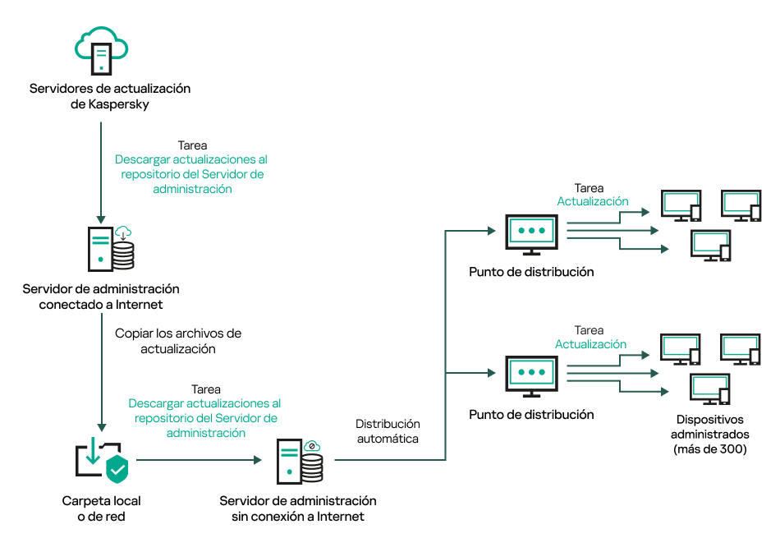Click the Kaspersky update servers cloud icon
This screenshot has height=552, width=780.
pyautogui.click(x=101, y=50)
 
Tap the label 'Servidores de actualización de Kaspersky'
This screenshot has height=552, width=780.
pyautogui.click(x=109, y=96)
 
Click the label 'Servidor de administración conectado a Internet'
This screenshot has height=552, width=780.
pyautogui.click(x=101, y=297)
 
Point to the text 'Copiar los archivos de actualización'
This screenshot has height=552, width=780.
pyautogui.click(x=178, y=341)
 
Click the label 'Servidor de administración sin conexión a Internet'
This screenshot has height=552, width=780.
pyautogui.click(x=297, y=508)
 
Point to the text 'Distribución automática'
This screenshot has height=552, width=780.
pyautogui.click(x=388, y=431)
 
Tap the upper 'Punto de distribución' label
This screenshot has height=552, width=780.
pyautogui.click(x=531, y=272)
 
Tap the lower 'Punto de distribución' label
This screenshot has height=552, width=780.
pyautogui.click(x=531, y=415)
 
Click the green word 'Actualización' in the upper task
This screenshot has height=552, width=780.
pyautogui.click(x=593, y=201)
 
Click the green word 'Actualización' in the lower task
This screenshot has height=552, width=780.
pyautogui.click(x=591, y=344)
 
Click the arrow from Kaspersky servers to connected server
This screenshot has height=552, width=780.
pyautogui.click(x=101, y=172)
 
